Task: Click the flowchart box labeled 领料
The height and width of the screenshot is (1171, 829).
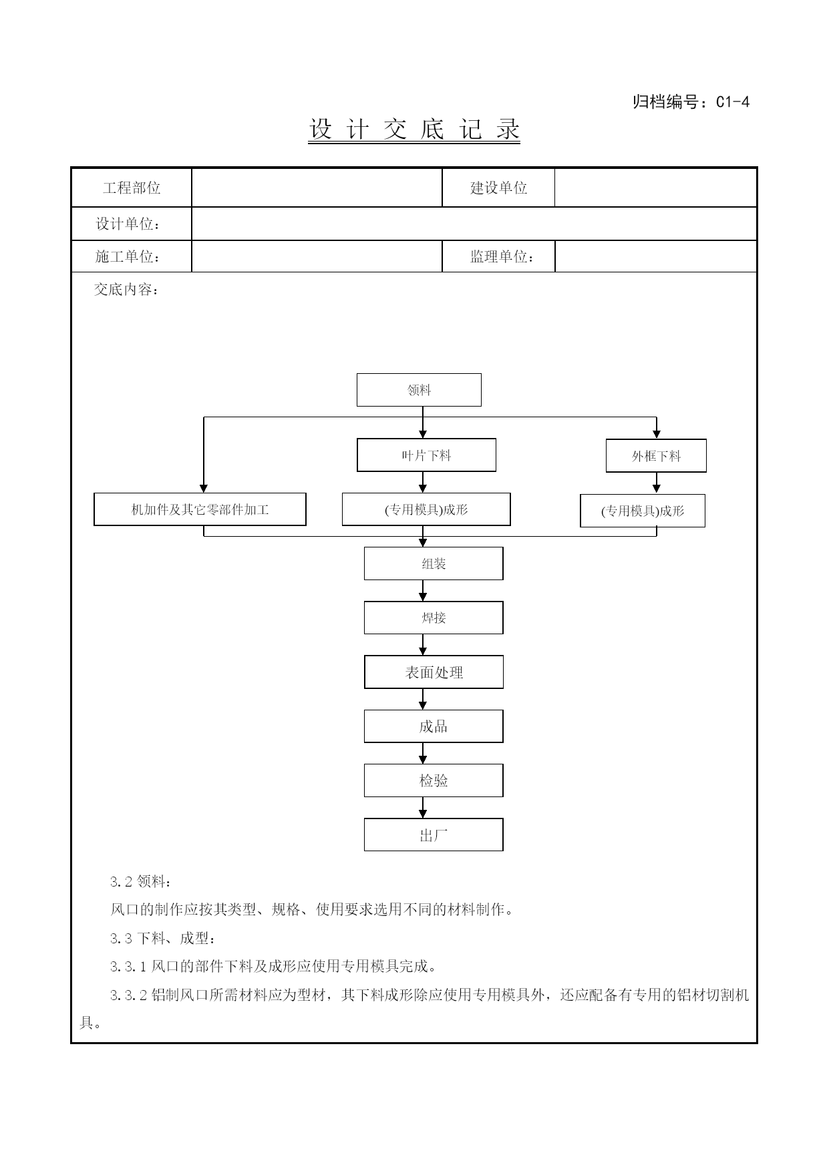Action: coord(419,390)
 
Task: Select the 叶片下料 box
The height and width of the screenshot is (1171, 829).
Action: coord(426,455)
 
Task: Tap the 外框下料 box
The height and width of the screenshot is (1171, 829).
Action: coord(656,456)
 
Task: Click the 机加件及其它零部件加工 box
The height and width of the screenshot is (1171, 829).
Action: coord(200,509)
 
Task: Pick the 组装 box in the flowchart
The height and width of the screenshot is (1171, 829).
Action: coord(434,563)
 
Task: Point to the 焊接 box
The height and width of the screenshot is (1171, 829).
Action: coord(434,618)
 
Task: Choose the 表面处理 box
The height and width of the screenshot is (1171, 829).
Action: coord(434,672)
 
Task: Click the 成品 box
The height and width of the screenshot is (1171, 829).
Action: coord(434,726)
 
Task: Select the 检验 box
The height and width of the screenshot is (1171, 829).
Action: coord(434,780)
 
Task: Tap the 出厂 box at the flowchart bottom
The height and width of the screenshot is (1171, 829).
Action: coord(434,835)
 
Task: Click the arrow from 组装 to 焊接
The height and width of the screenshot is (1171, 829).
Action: coord(423,591)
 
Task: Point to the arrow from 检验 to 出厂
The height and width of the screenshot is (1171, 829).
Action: coord(423,808)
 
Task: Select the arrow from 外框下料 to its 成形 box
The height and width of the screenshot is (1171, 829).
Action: coord(657,483)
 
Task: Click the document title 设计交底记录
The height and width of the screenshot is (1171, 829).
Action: coord(414,130)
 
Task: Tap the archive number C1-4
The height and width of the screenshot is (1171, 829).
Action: coord(733,102)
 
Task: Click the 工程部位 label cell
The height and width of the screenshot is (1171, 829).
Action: coord(132,188)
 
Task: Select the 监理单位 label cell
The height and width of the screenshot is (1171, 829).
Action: coord(498,256)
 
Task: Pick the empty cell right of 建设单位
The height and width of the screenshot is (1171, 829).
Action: coord(655,188)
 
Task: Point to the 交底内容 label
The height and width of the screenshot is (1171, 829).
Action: coord(126,290)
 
